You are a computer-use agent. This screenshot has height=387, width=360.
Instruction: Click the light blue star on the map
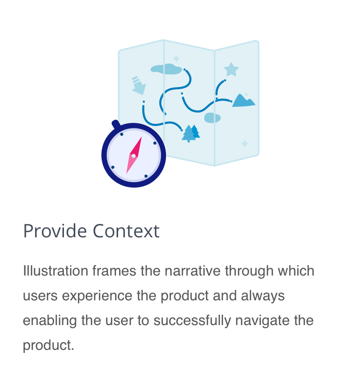(231, 69)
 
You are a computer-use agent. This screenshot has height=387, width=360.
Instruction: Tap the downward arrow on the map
(139, 86)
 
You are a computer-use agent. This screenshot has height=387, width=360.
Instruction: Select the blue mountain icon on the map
(243, 101)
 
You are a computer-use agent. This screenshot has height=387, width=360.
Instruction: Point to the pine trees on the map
(191, 134)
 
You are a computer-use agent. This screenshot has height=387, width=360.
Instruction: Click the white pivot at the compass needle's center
(134, 156)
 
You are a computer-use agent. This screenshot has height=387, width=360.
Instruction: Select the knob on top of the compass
(116, 124)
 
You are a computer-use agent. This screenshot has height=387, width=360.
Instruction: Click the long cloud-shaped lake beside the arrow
(166, 69)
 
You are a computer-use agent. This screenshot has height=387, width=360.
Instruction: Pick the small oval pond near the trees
(212, 118)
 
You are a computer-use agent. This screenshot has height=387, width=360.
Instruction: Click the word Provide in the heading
(55, 231)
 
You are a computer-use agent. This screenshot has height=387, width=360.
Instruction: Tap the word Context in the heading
(126, 231)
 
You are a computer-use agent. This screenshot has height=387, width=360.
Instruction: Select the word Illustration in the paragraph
(56, 270)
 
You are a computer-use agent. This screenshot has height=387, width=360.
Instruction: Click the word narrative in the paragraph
(192, 270)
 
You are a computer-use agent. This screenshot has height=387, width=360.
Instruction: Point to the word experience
(97, 296)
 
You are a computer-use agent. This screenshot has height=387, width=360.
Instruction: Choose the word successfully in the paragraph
(192, 320)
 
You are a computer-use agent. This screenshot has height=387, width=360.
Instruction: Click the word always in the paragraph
(263, 296)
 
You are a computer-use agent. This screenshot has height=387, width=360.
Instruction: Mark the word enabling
(50, 320)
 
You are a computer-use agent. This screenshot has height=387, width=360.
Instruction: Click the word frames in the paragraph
(114, 270)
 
